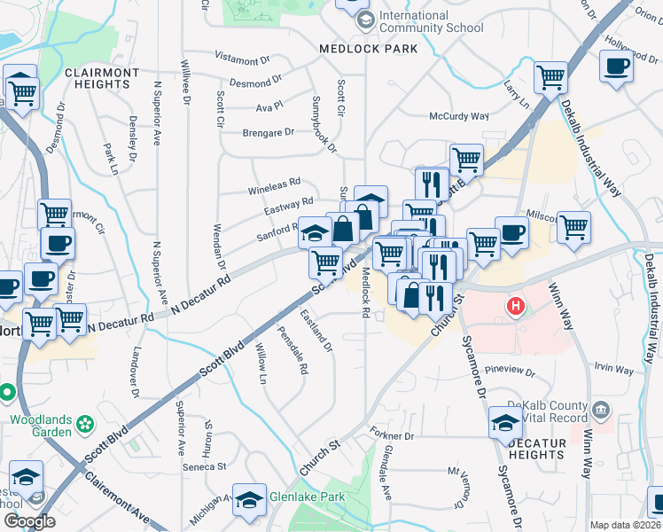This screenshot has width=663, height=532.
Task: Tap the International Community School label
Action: click(x=432, y=22)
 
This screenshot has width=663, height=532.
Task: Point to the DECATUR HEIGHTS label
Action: click(x=526, y=455)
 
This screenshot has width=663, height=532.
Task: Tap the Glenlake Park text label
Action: click(x=308, y=497)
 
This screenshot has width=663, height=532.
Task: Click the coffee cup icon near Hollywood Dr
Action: click(x=616, y=65)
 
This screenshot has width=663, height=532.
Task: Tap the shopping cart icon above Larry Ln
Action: click(x=550, y=76)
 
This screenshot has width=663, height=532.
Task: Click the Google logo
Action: click(x=29, y=521)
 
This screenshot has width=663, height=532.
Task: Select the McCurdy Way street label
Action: click(x=459, y=116)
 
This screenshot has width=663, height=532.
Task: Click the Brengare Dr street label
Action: click(x=268, y=132)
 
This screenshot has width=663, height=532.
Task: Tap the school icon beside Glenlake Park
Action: click(x=249, y=499)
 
